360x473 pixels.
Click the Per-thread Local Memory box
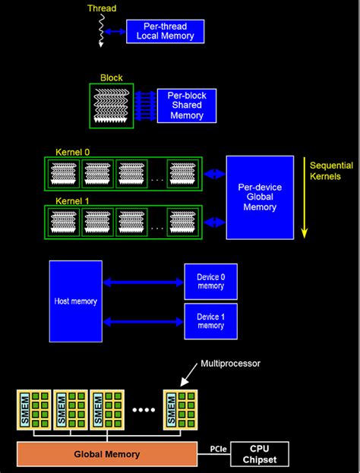[166, 32]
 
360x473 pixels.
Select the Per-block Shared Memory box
[186, 106]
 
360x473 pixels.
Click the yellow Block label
[111, 77]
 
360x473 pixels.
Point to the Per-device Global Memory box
[260, 197]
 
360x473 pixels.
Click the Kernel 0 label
[72, 152]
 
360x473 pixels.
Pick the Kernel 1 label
[72, 200]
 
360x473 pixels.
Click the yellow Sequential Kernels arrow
[305, 197]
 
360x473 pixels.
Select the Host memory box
[75, 301]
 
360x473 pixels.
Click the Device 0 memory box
[210, 282]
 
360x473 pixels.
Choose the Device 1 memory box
[210, 321]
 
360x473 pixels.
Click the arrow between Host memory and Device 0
[143, 282]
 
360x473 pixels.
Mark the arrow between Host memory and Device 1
[143, 321]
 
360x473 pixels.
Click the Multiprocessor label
[229, 364]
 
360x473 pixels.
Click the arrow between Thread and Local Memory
[116, 32]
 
